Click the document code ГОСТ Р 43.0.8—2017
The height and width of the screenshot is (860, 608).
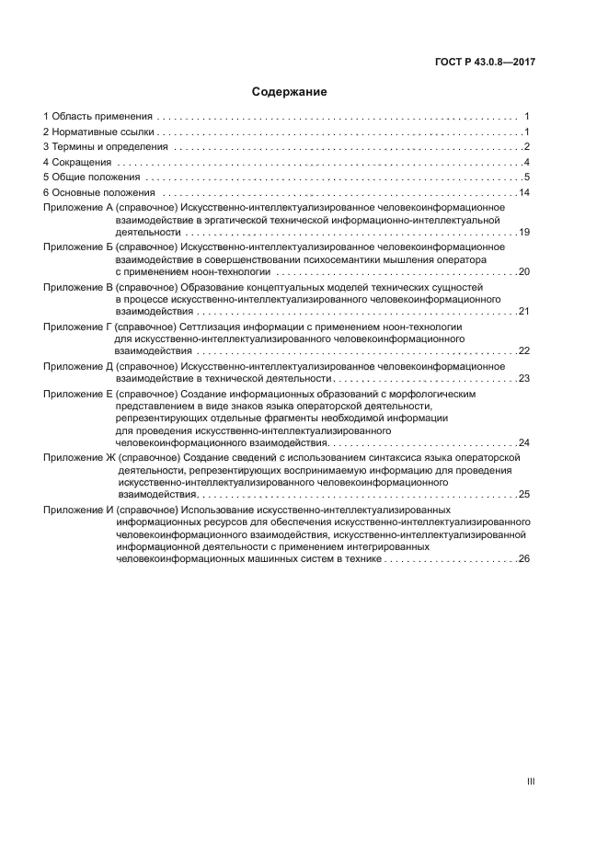484,62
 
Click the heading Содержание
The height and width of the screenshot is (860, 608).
290,92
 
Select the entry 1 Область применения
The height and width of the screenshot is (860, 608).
98,117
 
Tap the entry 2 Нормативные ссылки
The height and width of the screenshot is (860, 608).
96,132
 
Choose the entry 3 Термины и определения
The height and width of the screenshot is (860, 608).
105,147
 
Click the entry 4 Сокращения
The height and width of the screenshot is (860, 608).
76,163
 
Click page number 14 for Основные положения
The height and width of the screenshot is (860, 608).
524,193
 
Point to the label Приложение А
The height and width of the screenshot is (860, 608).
78,209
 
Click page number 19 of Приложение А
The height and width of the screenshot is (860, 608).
524,233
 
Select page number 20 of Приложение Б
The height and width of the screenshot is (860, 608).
524,272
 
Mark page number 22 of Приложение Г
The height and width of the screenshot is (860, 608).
524,350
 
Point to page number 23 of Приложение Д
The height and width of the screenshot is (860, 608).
524,378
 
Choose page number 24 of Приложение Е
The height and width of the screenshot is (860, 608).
524,442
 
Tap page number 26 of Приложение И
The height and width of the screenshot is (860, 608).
524,558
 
